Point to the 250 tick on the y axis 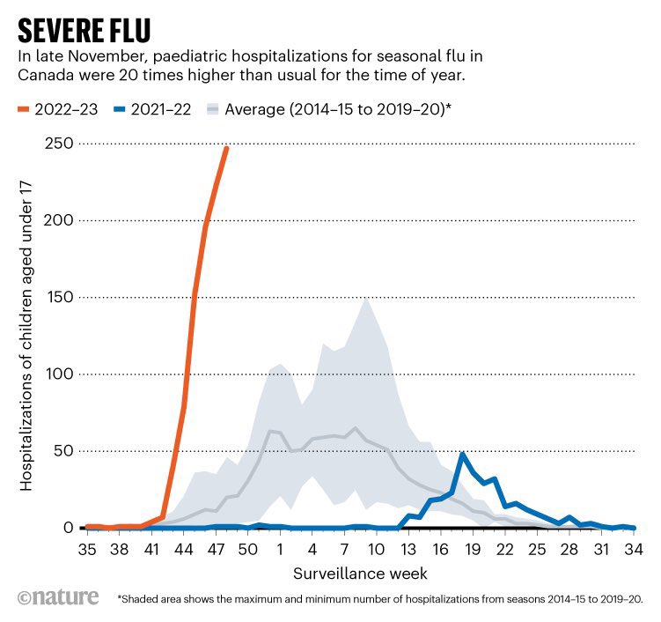point(58,144)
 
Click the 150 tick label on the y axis point(58,298)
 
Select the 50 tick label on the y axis point(62,451)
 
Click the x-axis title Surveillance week point(360,574)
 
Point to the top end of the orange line point(226,148)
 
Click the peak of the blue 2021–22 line point(463,455)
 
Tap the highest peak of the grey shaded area point(365,300)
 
